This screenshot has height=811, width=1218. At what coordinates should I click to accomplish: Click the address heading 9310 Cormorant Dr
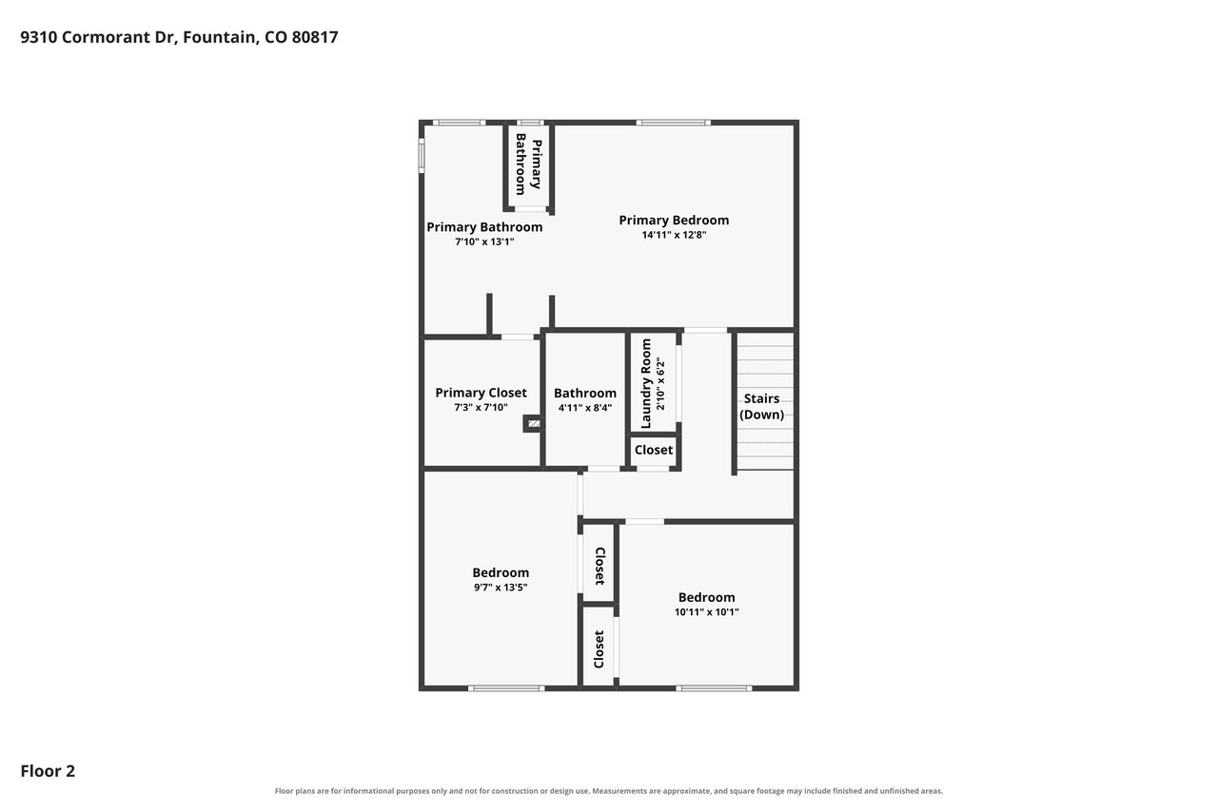179,37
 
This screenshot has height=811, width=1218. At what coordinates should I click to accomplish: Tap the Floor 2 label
48,771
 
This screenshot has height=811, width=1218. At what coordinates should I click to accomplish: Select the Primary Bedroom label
674,220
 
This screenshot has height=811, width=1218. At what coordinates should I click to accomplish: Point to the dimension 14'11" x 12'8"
674,235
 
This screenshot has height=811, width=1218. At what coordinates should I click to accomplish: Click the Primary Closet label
481,393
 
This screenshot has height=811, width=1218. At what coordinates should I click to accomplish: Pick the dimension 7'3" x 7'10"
481,407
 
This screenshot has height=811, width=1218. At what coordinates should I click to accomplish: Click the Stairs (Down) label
761,406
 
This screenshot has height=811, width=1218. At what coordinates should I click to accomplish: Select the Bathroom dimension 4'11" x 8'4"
585,407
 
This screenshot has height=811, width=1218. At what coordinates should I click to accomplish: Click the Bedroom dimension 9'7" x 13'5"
501,587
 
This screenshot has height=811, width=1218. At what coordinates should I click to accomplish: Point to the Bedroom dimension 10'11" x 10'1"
706,611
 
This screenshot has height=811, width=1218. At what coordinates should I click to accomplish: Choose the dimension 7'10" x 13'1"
484,241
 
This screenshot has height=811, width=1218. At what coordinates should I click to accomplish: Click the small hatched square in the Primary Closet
534,423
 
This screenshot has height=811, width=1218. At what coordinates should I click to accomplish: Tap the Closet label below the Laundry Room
653,450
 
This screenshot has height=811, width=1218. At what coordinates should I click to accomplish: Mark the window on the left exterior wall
421,156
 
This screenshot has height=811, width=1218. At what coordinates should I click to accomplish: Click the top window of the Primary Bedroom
673,123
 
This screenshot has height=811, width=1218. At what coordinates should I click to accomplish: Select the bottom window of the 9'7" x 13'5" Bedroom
506,688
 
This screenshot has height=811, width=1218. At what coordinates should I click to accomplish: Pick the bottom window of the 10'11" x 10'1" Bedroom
714,688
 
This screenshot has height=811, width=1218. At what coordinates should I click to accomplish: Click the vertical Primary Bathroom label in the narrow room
528,164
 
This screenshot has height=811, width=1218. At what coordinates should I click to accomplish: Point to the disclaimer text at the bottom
608,791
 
